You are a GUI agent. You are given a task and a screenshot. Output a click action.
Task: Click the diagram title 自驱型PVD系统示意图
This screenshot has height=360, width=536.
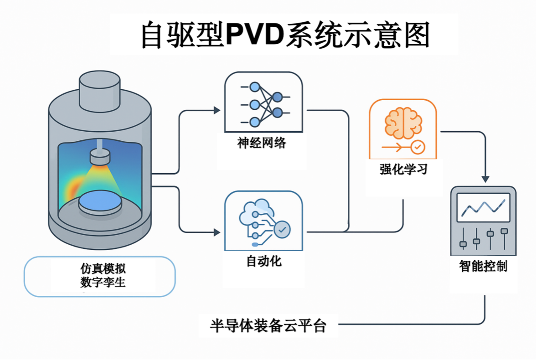coord(285,35)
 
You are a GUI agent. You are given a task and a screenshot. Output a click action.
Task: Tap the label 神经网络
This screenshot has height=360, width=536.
coord(261,143)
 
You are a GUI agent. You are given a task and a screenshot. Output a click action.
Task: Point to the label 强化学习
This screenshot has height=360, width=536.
coord(403,170)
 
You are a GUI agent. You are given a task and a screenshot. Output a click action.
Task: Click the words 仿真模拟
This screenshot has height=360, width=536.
coord(103,268)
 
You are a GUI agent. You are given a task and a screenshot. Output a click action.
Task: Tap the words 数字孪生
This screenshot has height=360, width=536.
coord(103,282)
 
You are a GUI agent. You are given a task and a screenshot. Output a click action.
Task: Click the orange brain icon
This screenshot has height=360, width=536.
coord(400,123)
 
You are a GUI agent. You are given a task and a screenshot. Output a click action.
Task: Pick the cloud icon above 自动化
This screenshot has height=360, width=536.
coord(257,212)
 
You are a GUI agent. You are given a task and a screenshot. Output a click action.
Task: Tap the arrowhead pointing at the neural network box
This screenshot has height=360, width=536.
coord(216,110)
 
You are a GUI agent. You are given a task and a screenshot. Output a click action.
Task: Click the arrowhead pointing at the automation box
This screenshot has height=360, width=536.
coord(216,232)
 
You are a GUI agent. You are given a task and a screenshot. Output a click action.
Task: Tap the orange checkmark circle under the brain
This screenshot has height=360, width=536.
coord(417,147)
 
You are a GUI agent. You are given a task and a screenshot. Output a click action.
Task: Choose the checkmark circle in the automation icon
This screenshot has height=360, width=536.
coord(282,230)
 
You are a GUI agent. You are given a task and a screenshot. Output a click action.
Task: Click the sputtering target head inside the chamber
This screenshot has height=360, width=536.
coord(100,158)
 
